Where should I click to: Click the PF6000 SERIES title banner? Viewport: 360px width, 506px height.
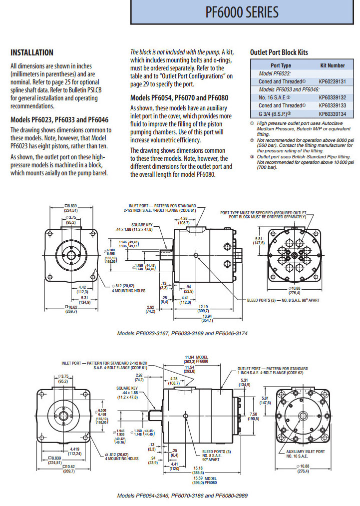tap(242, 12)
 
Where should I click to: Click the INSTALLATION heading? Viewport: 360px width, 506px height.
tap(32, 52)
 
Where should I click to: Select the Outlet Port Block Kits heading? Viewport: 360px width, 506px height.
tap(279, 52)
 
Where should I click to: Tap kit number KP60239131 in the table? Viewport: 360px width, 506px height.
tap(332, 80)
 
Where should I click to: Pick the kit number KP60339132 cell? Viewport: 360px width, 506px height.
tap(332, 97)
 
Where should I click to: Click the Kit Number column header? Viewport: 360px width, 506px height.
tap(332, 65)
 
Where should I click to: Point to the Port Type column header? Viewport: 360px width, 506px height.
tap(281, 65)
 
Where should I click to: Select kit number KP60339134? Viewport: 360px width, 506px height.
tap(332, 114)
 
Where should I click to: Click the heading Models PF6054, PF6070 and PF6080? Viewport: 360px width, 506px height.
tap(180, 97)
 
